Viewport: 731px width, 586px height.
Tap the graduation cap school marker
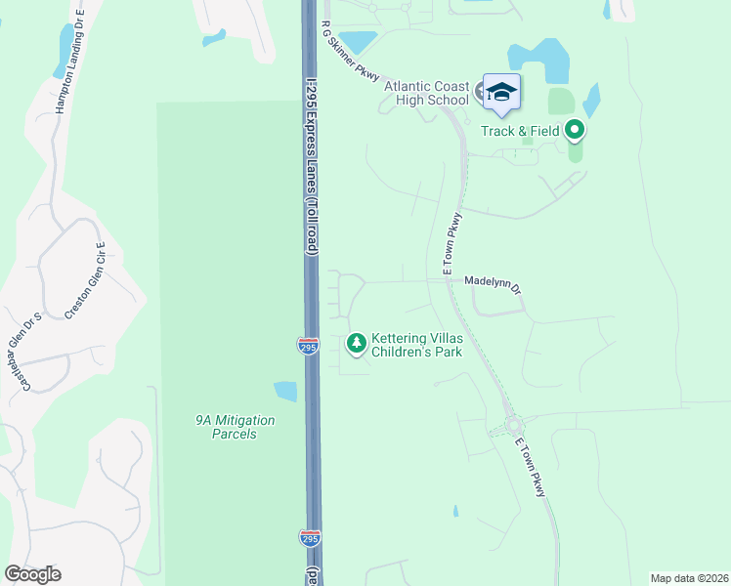(501, 93)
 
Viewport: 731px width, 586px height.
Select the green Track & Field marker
(575, 129)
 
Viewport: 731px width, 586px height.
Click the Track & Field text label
(520, 130)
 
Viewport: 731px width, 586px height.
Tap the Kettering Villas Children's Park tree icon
(357, 342)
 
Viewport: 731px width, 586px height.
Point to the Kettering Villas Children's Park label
(416, 345)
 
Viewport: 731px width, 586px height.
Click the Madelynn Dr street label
(494, 279)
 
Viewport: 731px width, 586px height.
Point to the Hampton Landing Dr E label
(69, 63)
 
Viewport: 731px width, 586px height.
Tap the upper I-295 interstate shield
(307, 345)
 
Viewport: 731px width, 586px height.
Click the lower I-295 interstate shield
(308, 537)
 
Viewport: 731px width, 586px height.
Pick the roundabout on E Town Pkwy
(514, 425)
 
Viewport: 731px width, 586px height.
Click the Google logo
(33, 574)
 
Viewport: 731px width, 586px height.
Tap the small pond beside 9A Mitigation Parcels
(285, 392)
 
